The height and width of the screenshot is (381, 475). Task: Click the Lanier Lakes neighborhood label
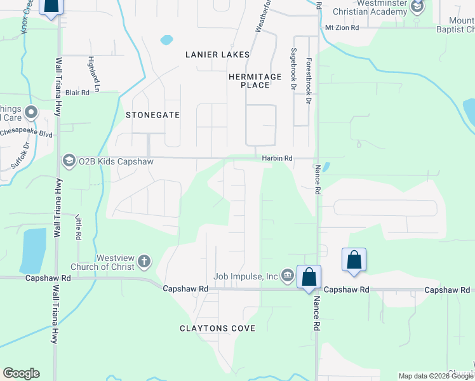point(217,55)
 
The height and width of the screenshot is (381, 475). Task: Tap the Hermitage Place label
point(255,81)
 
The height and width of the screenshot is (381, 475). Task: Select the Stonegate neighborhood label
point(152,115)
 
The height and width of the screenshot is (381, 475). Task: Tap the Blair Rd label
point(77,93)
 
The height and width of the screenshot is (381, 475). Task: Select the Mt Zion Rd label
point(342,28)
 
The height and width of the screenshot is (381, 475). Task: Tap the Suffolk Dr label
point(19,156)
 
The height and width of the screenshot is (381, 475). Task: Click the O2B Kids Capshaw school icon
point(69,161)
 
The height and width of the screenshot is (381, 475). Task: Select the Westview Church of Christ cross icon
point(144,261)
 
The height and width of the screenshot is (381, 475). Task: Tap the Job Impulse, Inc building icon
point(287,275)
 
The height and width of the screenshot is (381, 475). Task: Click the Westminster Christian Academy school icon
point(417,8)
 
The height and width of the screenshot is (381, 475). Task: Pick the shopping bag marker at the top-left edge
point(51,6)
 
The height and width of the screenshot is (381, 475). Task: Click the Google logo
point(21,373)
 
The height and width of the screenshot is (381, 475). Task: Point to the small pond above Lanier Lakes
point(166,40)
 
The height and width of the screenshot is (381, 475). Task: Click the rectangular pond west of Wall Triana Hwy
point(34,250)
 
